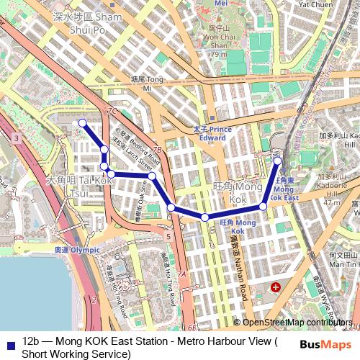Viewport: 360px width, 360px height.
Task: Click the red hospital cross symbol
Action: (x=275, y=287)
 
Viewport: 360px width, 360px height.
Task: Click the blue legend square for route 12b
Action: (x=9, y=343)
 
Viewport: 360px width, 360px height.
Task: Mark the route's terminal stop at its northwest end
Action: (x=82, y=122)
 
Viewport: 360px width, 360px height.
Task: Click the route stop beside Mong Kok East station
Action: (x=277, y=161)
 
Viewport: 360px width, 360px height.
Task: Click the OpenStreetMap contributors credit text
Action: (x=297, y=323)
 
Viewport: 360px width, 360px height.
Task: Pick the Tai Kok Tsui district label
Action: (x=78, y=185)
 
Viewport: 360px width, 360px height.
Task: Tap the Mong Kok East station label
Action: (x=287, y=189)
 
